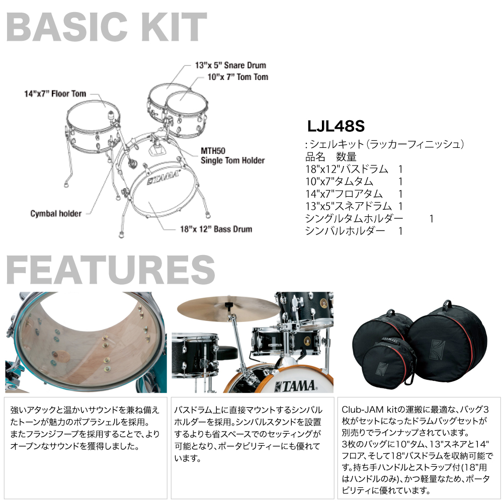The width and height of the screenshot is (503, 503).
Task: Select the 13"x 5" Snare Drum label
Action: [x=230, y=65]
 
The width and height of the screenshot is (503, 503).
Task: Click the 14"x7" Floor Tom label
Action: [x=55, y=94]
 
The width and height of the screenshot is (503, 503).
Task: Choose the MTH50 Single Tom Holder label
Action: [x=232, y=155]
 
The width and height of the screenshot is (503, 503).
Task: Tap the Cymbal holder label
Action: [x=56, y=213]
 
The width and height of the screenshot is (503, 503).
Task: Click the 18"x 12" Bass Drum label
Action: [x=216, y=229]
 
